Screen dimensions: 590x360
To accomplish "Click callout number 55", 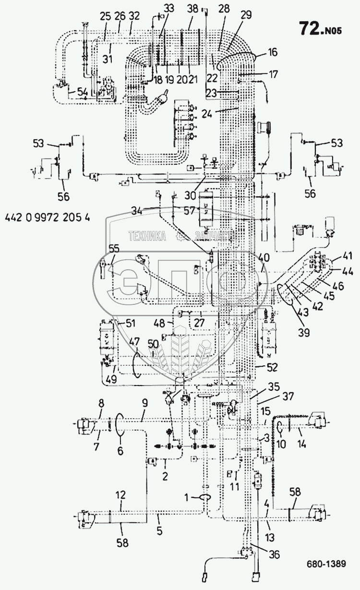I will pyautogui.click(x=114, y=249).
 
